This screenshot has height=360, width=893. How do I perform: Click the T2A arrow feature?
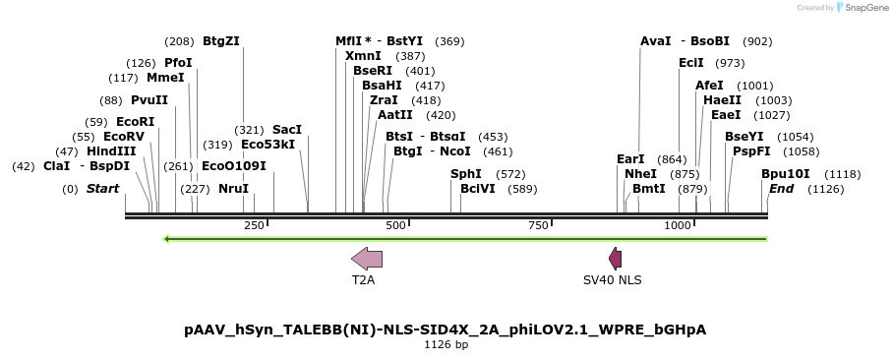coord(367,259)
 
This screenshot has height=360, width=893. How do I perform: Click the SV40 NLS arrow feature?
coord(616,259)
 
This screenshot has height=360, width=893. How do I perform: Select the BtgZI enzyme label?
coord(220,41)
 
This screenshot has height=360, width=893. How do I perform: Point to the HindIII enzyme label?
coord(111,150)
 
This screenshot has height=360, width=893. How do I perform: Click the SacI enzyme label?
coord(287,129)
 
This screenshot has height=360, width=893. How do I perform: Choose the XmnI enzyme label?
coord(363,56)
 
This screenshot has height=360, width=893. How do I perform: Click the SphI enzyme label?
coord(466,173)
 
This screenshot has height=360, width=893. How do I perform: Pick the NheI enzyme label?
coord(640,173)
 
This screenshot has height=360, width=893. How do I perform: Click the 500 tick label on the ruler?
coord(396,226)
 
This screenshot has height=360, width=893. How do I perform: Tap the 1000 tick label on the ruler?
coord(678,226)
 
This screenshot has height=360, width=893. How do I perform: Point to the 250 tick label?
coord(254,226)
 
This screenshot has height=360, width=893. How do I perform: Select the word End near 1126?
coord(781,188)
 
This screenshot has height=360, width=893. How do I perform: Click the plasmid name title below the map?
coord(446,329)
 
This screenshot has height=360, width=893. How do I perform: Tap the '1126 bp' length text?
coord(446,345)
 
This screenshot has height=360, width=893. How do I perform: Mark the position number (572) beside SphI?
coord(509,174)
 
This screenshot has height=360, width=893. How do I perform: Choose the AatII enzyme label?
coord(394,114)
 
